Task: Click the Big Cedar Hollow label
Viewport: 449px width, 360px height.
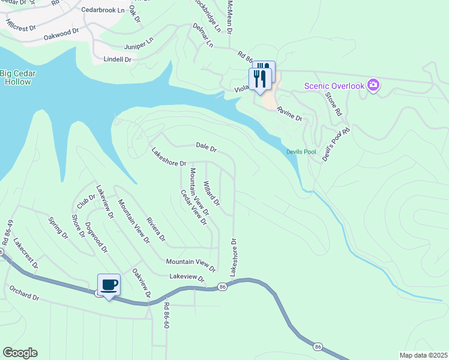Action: point(15,77)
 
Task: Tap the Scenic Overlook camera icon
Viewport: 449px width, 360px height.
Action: point(373,85)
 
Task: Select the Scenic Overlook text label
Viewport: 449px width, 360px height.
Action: point(334,86)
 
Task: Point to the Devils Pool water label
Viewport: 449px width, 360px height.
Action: point(301,152)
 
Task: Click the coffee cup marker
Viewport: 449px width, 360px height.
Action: point(109,284)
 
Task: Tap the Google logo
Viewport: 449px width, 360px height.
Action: point(20,353)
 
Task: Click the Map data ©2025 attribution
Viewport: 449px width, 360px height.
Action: point(423,355)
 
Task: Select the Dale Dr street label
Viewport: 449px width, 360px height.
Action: point(206,146)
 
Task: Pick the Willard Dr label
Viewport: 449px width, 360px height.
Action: point(211,193)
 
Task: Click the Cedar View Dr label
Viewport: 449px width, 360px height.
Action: point(194,208)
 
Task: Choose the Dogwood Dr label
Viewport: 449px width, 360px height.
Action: point(96,238)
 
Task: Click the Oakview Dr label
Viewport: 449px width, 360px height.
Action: point(141,282)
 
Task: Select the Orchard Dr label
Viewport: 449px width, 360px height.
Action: point(24,293)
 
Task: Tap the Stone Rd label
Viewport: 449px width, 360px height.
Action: point(333,103)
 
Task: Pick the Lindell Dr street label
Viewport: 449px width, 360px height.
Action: point(117,59)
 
